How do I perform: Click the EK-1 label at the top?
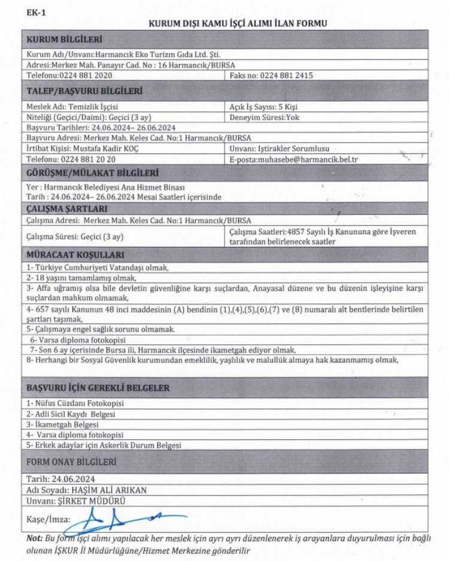(x=35, y=12)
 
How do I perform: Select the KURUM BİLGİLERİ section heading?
(x=65, y=40)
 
